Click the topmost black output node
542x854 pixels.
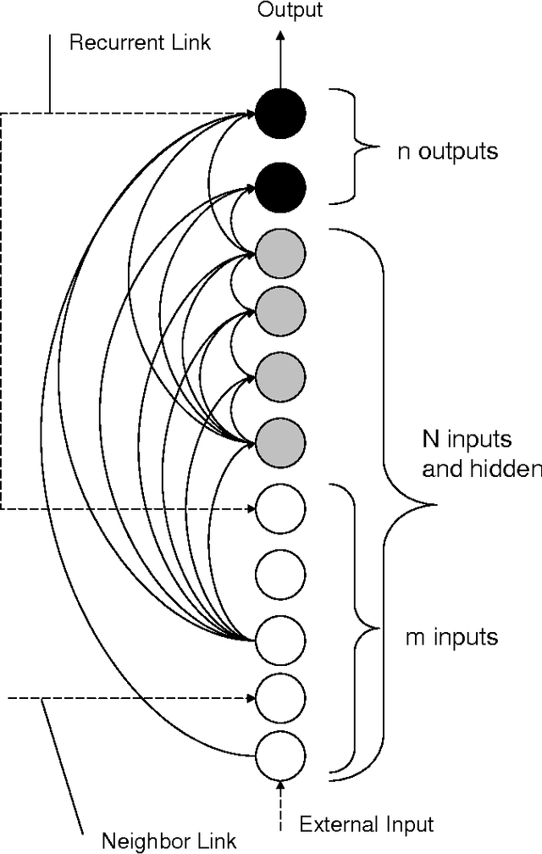[x=280, y=113]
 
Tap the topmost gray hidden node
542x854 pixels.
[x=280, y=253]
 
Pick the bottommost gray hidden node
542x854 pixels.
[x=280, y=440]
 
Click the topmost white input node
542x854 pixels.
[x=280, y=509]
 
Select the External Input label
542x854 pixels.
[x=367, y=823]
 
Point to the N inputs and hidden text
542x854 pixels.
[x=479, y=454]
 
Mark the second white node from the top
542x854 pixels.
[x=280, y=573]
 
